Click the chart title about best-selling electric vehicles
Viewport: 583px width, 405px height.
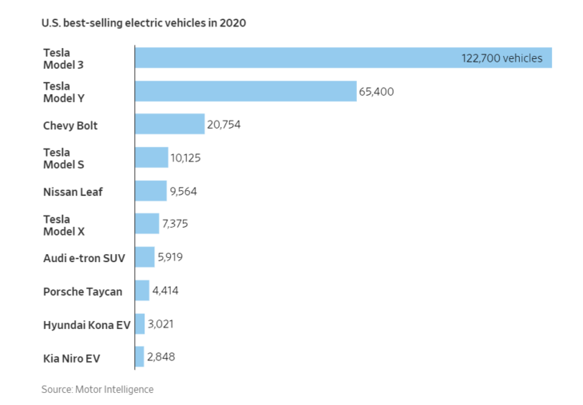coord(144,23)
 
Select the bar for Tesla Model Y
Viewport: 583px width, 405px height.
coord(245,91)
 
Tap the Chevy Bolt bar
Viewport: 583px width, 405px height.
coord(169,125)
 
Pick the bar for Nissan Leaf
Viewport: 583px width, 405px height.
coord(150,191)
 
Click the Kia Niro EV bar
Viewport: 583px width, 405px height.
coord(139,357)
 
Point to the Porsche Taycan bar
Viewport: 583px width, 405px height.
coord(142,291)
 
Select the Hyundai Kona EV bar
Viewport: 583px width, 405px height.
coord(140,324)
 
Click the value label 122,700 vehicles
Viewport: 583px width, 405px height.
coord(502,58)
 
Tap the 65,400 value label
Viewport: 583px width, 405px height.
coord(376,92)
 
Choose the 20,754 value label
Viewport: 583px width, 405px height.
coord(224,125)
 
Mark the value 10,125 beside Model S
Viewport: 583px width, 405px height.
coord(185,158)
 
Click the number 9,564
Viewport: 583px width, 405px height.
coord(183,192)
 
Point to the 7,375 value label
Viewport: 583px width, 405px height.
coord(176,224)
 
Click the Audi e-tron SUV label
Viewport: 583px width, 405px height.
coord(84,258)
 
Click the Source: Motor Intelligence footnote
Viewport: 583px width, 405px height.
coord(97,389)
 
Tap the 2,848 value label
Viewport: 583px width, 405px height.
coord(161,357)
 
